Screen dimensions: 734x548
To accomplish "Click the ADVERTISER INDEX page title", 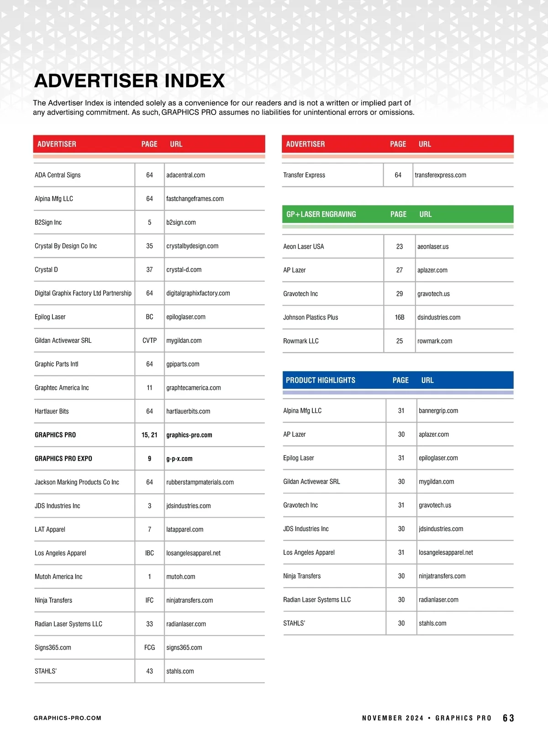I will click(x=129, y=81).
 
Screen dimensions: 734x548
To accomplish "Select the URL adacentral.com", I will click(x=185, y=175).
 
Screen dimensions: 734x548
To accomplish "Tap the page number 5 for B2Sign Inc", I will click(x=149, y=223).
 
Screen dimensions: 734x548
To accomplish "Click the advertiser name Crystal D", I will click(x=46, y=270).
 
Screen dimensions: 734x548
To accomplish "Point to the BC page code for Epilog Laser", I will click(x=149, y=317).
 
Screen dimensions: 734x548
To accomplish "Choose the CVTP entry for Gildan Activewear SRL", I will click(x=149, y=340).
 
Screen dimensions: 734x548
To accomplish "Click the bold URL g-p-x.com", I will click(x=179, y=458).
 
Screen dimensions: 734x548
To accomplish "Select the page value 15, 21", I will click(x=149, y=435).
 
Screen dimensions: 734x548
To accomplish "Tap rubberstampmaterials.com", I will click(x=200, y=482).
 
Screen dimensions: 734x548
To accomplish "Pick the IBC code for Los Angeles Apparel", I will click(x=149, y=553).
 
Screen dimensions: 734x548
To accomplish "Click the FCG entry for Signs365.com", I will click(x=149, y=648).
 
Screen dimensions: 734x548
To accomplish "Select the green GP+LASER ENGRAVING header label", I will click(x=321, y=214).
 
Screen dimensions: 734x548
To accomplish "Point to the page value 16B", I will click(x=400, y=317).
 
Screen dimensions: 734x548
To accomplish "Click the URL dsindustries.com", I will click(x=438, y=317).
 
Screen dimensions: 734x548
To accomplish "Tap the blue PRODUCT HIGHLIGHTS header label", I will click(x=320, y=380).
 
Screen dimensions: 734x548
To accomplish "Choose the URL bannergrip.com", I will click(x=438, y=411).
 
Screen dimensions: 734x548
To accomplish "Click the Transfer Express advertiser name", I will click(x=304, y=175).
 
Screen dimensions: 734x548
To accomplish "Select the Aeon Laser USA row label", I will click(x=303, y=246).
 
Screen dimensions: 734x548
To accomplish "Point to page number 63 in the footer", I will click(x=508, y=718).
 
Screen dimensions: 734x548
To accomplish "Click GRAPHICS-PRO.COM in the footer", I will click(x=68, y=718).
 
